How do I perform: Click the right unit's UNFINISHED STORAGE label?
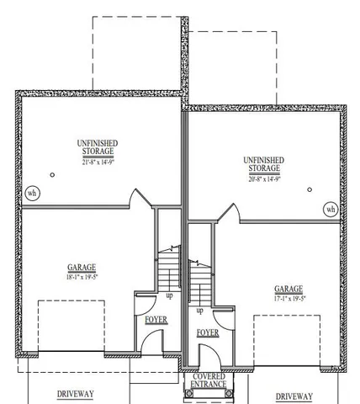click(263, 164)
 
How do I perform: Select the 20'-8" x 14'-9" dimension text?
click(263, 178)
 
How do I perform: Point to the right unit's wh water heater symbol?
click(331, 208)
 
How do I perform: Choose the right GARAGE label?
click(288, 287)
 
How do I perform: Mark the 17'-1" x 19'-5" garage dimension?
click(288, 296)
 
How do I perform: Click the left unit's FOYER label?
click(156, 320)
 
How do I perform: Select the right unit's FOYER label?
click(208, 332)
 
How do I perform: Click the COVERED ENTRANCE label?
click(209, 380)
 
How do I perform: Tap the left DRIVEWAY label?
click(75, 394)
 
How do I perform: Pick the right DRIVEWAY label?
click(294, 396)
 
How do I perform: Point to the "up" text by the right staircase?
click(199, 311)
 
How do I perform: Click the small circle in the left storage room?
click(51, 175)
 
